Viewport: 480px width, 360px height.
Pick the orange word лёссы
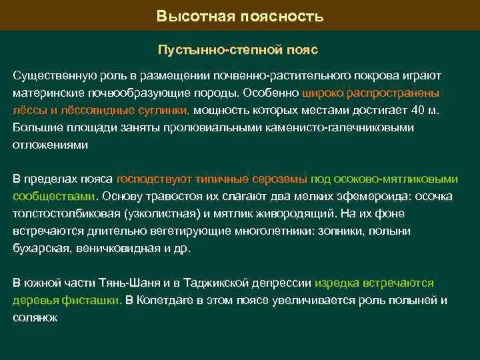[x=29, y=110]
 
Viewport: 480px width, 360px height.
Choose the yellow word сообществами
[x=54, y=197]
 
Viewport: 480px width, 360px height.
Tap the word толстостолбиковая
[x=65, y=214]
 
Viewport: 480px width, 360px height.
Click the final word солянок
[x=35, y=317]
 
